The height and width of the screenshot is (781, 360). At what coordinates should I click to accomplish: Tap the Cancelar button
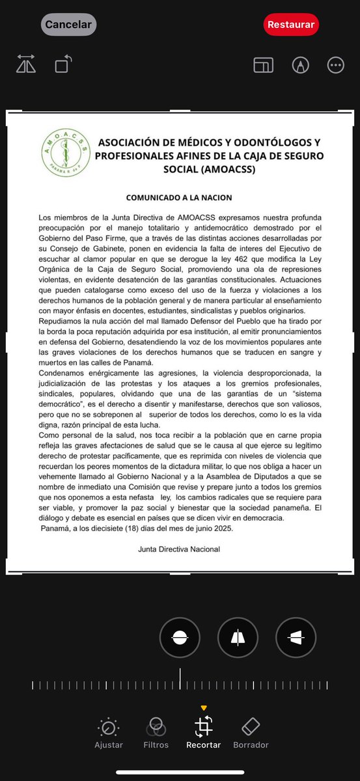(x=68, y=25)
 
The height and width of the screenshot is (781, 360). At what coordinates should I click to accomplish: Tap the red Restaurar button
(x=291, y=25)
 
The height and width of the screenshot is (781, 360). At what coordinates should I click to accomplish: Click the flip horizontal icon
(x=26, y=64)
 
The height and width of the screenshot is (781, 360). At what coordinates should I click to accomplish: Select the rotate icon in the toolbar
(x=63, y=64)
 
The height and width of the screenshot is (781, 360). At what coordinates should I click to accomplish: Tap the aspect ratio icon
(x=263, y=65)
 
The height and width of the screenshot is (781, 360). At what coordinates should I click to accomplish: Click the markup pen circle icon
(x=299, y=65)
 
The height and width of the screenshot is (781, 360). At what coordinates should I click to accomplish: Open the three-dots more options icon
(x=336, y=65)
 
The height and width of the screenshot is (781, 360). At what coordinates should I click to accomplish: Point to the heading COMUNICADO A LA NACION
(x=179, y=197)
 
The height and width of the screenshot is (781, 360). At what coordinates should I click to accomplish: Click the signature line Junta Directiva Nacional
(x=179, y=549)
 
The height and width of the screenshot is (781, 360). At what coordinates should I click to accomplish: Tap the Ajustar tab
(x=109, y=733)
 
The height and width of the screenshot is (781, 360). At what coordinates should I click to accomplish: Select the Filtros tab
(x=156, y=733)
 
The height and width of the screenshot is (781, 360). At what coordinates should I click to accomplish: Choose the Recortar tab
(x=204, y=733)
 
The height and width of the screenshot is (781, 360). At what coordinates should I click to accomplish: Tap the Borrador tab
(x=251, y=733)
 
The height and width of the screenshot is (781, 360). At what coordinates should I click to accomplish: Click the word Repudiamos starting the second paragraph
(x=60, y=321)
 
